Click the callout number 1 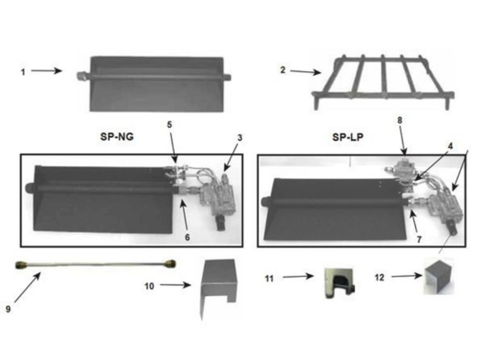click(23, 72)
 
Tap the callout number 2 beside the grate click(283, 70)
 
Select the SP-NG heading click(117, 136)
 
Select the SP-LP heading click(347, 137)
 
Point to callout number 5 click(169, 124)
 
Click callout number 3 click(240, 138)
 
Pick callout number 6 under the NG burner click(187, 237)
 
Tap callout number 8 click(400, 121)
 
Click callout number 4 click(450, 146)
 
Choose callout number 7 click(419, 239)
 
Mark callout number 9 click(8, 309)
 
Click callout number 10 click(149, 286)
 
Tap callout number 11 click(269, 279)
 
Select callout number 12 click(379, 278)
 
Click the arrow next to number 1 click(47, 71)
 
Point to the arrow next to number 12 click(407, 276)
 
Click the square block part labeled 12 click(438, 278)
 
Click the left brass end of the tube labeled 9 click(21, 264)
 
